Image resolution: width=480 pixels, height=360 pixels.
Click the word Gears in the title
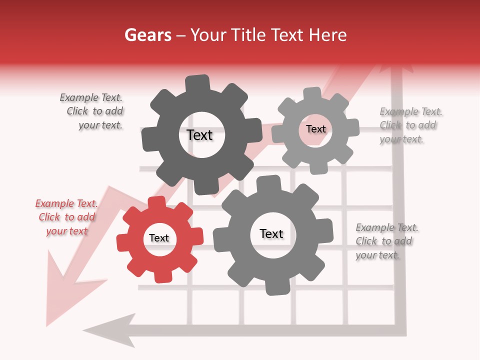pos(147,35)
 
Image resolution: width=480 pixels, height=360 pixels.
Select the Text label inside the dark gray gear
pos(199,135)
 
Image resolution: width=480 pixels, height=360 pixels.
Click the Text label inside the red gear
pos(159,238)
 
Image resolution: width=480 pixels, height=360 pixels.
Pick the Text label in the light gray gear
pos(315,129)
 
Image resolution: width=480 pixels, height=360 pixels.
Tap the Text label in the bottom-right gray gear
pos(271,234)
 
